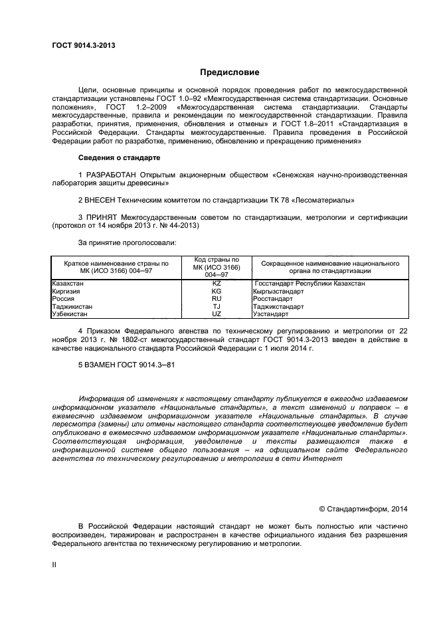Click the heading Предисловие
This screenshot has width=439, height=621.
click(x=230, y=72)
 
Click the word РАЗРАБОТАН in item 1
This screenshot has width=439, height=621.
click(x=108, y=174)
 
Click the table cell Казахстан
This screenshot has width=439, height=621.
click(x=68, y=284)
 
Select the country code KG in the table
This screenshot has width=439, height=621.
click(x=217, y=292)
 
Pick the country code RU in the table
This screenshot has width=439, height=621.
click(x=217, y=299)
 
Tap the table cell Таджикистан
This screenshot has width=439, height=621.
click(x=72, y=307)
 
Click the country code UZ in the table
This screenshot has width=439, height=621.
click(x=217, y=314)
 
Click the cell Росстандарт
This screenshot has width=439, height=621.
click(x=274, y=299)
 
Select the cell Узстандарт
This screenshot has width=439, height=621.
click(x=271, y=314)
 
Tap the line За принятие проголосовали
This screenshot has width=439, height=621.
click(x=128, y=242)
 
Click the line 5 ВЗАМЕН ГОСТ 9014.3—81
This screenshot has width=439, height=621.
click(x=128, y=365)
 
